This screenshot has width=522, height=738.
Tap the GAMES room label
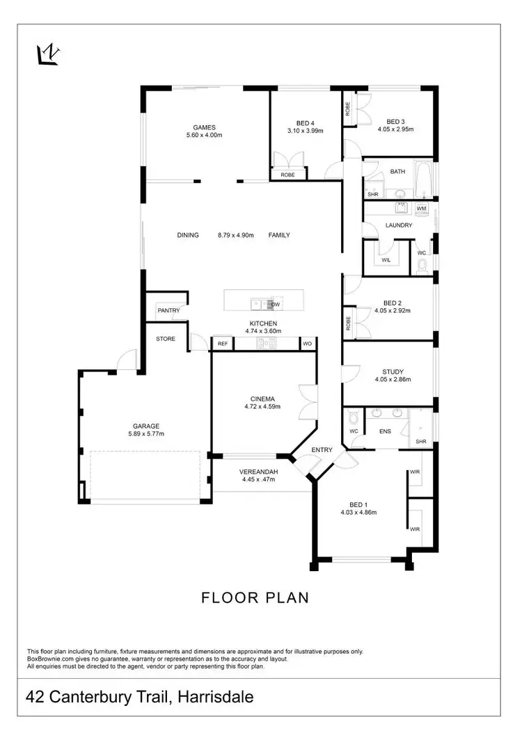(x=205, y=127)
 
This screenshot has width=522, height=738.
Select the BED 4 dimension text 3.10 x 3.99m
(x=306, y=130)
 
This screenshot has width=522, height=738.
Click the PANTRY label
(x=168, y=311)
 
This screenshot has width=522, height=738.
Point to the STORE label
(x=166, y=339)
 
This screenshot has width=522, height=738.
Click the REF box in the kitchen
(x=223, y=344)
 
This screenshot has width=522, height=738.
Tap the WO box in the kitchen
(x=307, y=344)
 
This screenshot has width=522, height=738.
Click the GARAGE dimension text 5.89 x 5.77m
(x=146, y=434)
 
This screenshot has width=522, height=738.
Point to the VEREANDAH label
(x=260, y=472)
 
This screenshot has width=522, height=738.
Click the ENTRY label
(x=322, y=450)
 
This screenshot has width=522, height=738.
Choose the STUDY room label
(x=393, y=372)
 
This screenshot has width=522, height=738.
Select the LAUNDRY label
(x=399, y=225)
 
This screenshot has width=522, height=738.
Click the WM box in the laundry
(x=421, y=208)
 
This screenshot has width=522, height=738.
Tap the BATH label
(x=397, y=171)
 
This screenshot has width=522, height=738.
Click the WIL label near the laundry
(x=386, y=260)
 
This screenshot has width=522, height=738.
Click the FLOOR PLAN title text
(x=255, y=597)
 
